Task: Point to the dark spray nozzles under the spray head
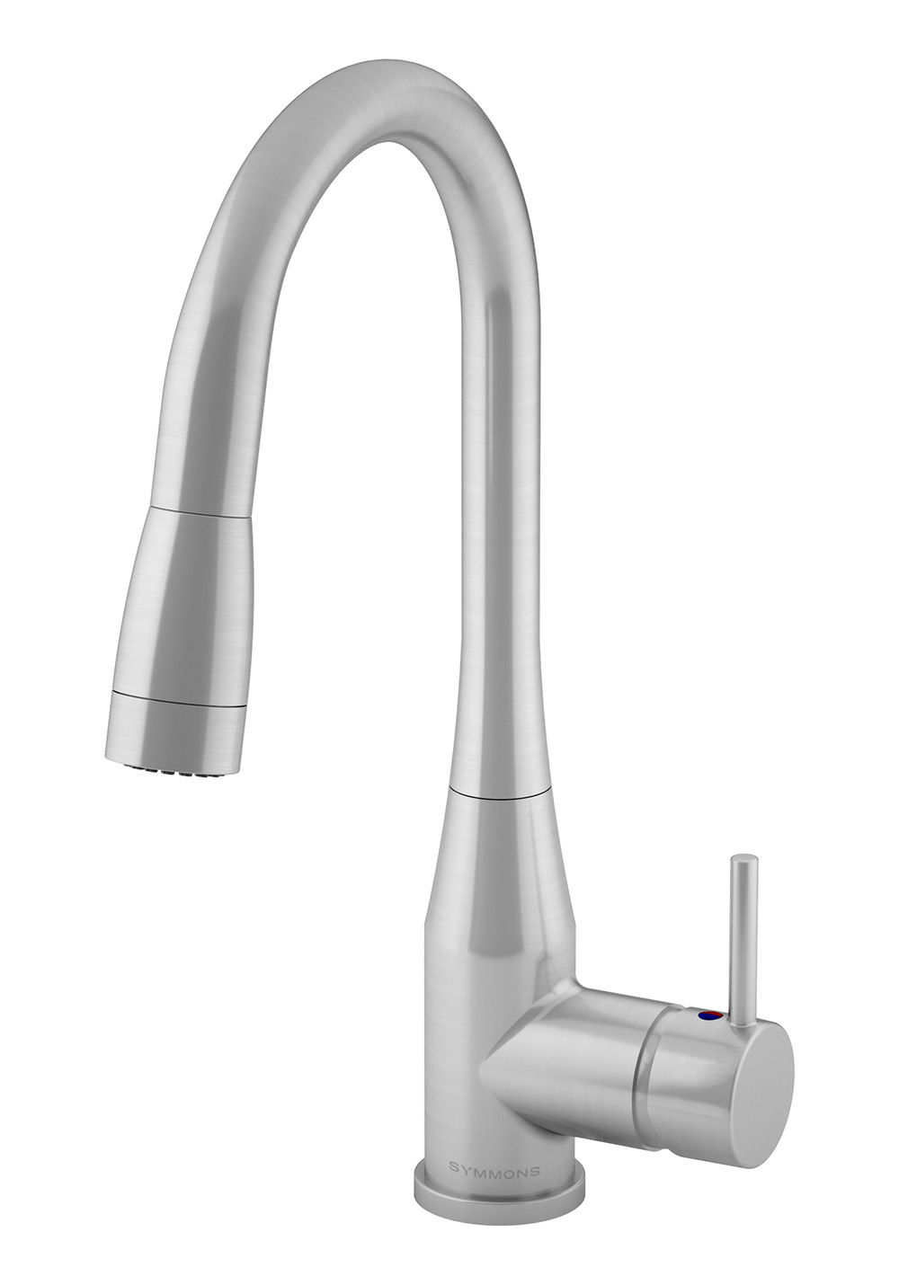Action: (x=167, y=773)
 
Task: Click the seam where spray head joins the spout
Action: (x=200, y=512)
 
